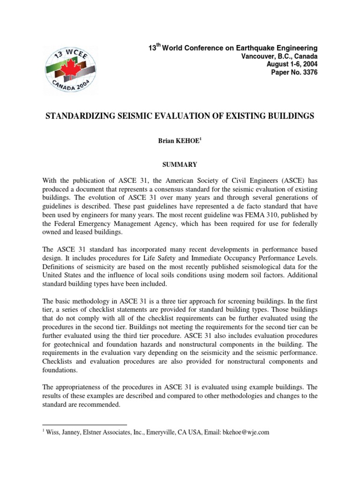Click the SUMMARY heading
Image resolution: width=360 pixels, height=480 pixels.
tap(180, 165)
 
